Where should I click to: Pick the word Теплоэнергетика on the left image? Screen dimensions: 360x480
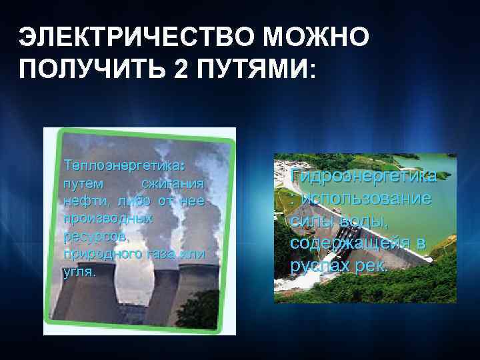coord(121,164)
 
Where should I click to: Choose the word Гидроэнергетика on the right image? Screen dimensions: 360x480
coord(364,177)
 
